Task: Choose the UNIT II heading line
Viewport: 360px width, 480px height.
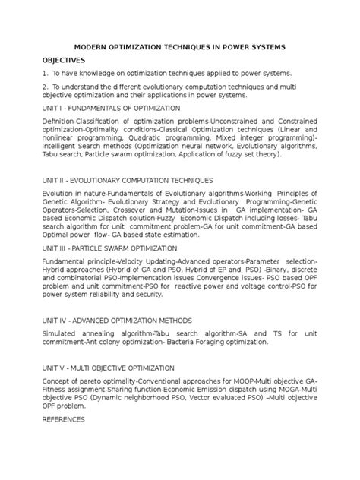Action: point(122,179)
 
